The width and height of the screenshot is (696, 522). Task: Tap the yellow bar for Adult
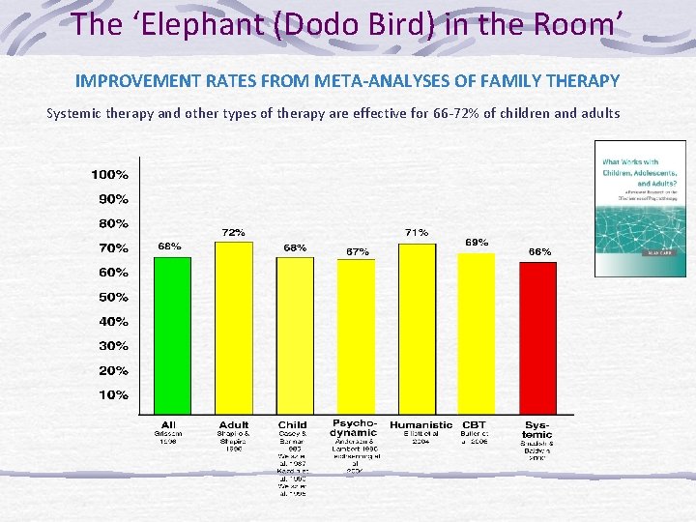click(x=233, y=328)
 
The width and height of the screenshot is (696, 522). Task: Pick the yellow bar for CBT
click(x=476, y=333)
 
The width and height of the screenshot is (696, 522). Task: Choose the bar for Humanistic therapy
click(x=418, y=329)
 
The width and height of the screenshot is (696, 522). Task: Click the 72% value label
click(x=233, y=233)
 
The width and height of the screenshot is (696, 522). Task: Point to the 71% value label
click(x=417, y=233)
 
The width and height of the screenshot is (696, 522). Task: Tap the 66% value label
click(x=539, y=251)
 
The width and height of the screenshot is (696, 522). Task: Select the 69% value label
click(x=477, y=242)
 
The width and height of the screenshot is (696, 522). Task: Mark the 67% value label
click(x=357, y=251)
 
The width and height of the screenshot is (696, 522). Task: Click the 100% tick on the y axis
click(x=109, y=175)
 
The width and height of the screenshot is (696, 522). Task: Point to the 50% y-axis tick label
click(x=113, y=298)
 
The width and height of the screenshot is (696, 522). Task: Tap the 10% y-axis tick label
click(x=113, y=395)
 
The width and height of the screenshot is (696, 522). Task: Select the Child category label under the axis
click(x=293, y=424)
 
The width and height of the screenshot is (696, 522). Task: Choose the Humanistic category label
click(x=420, y=424)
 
